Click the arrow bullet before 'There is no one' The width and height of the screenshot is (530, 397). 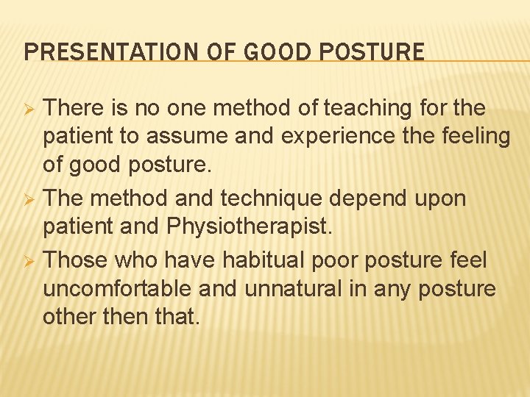[30, 109]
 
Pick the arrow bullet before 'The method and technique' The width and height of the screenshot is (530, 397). [30, 199]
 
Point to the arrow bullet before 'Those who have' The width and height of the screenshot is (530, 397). [30, 260]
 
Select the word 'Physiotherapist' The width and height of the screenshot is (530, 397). [250, 227]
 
